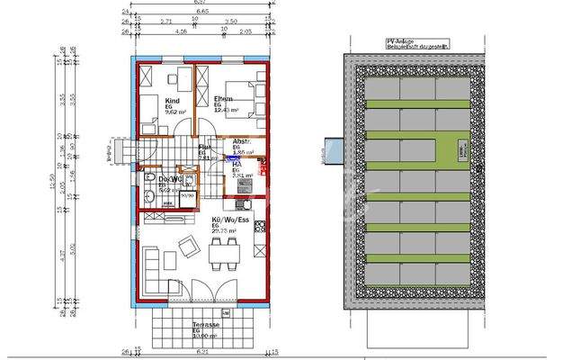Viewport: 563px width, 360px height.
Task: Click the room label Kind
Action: click(174, 100)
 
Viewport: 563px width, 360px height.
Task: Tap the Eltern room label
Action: click(224, 98)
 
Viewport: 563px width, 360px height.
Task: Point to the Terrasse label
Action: click(193, 325)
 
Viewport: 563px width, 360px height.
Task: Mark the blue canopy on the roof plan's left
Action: click(328, 155)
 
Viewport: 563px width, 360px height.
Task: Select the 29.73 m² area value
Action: click(222, 231)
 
